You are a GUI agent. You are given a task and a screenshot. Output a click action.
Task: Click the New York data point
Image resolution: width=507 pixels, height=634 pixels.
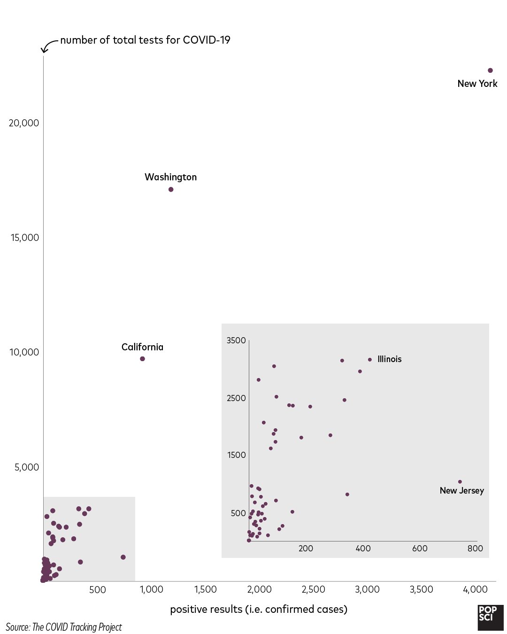click(490, 70)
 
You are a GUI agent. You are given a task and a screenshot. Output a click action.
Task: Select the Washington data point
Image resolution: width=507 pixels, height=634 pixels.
click(171, 189)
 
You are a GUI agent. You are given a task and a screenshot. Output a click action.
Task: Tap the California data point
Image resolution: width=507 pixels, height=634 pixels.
click(142, 359)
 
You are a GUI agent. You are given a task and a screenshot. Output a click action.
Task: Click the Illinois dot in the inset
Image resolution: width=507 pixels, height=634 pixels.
click(370, 360)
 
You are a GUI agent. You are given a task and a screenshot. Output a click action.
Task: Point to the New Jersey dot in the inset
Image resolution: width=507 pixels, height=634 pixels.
click(460, 482)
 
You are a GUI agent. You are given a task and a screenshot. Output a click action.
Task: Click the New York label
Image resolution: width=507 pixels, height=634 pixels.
click(477, 84)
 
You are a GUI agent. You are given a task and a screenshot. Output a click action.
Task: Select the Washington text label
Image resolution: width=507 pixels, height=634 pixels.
click(170, 177)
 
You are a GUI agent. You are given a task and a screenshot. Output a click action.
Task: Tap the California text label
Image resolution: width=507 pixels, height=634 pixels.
click(142, 347)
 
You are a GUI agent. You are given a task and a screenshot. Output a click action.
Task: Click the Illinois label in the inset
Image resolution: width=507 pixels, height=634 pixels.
click(390, 359)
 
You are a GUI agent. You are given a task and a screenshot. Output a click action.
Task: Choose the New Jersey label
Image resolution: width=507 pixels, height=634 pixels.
click(461, 491)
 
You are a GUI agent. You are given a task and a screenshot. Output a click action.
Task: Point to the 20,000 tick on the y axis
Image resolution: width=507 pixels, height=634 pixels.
click(24, 123)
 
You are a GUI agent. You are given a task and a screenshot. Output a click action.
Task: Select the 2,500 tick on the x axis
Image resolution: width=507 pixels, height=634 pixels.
click(313, 590)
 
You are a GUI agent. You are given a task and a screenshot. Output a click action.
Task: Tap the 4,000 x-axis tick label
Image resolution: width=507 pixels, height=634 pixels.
click(475, 590)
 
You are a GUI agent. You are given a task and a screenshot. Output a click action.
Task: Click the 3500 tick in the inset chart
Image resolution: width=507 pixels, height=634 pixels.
click(236, 340)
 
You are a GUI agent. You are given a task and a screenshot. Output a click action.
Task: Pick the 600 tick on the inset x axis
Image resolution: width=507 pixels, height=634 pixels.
click(420, 549)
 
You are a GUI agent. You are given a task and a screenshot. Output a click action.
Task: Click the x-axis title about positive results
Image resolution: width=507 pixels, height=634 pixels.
click(259, 610)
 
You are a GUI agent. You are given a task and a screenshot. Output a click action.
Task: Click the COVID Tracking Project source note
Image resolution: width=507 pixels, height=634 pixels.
click(64, 627)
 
